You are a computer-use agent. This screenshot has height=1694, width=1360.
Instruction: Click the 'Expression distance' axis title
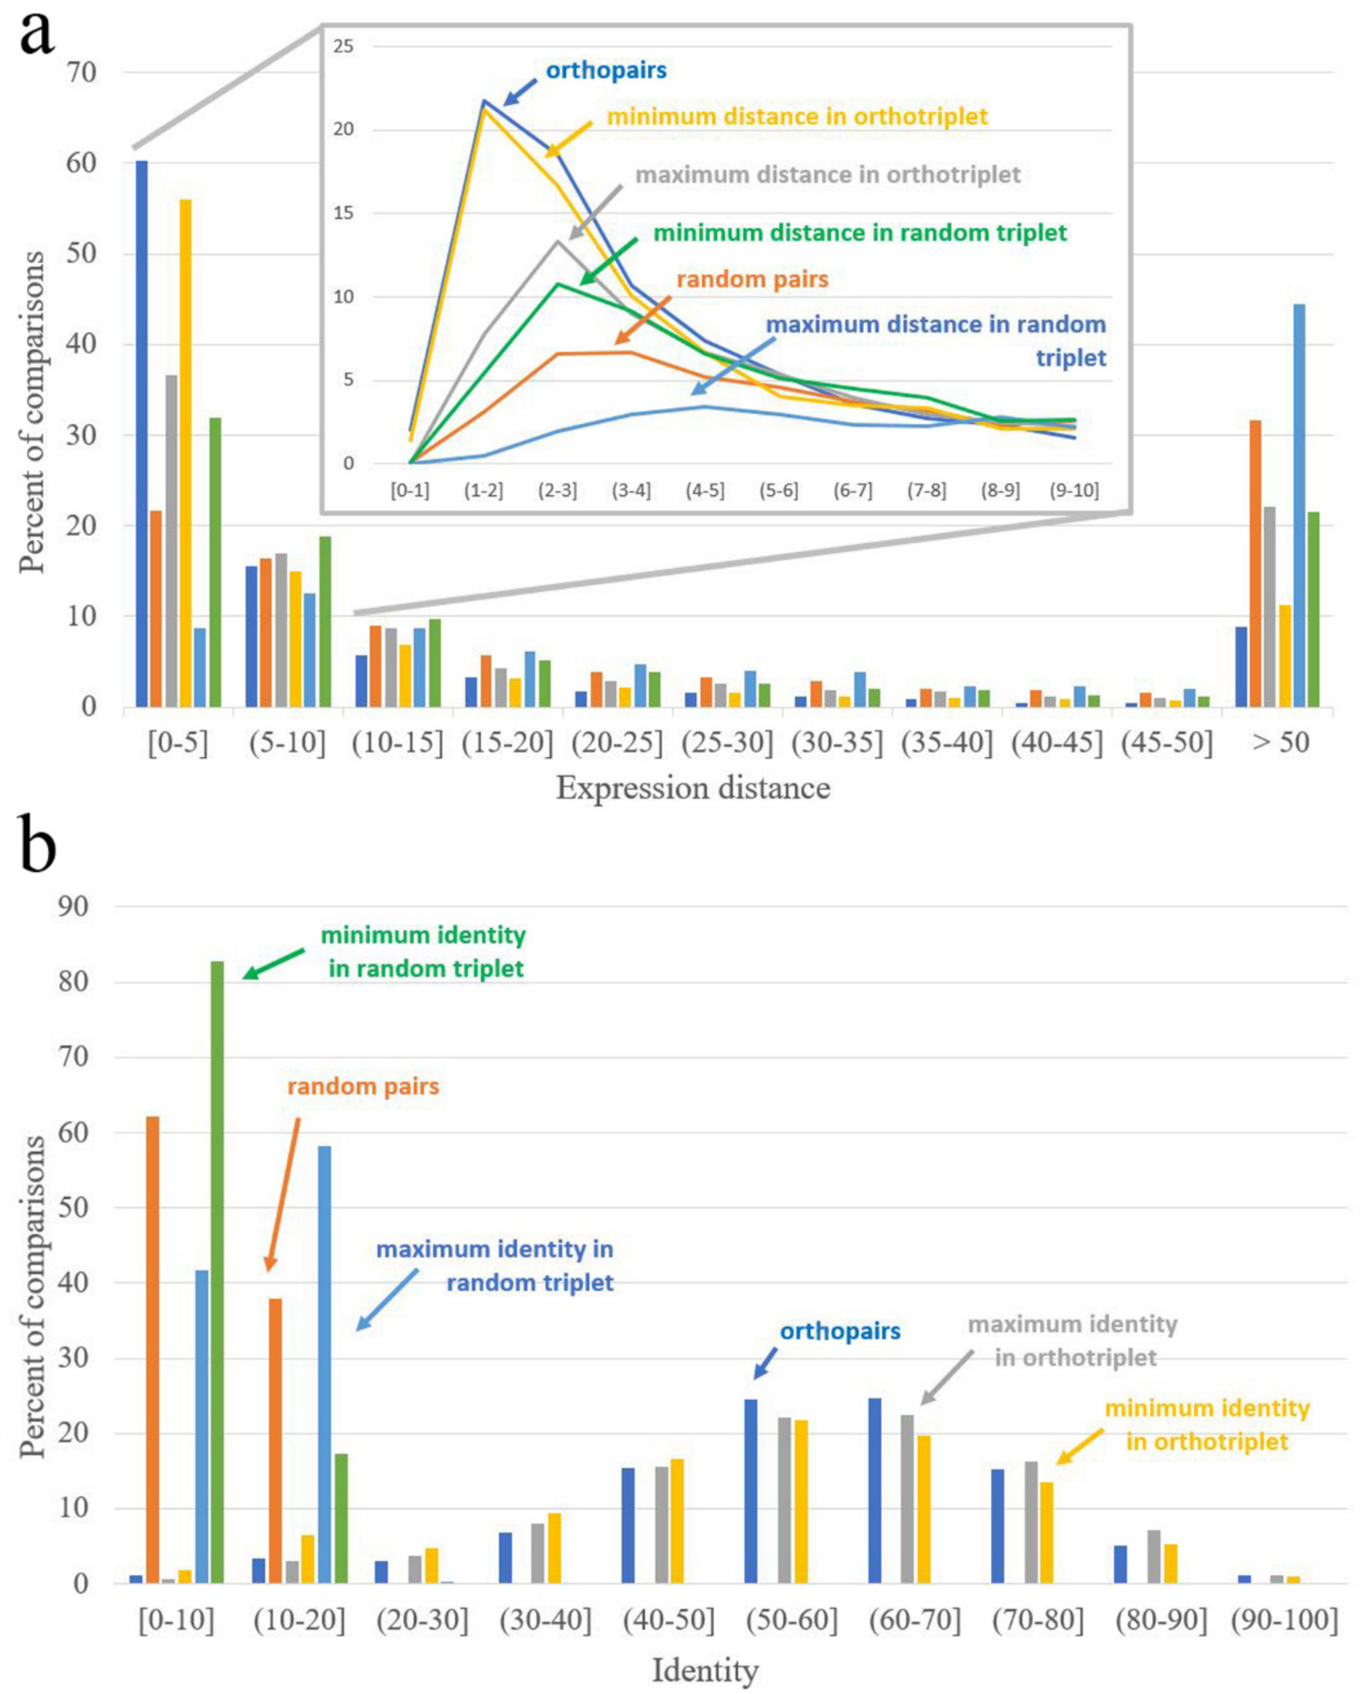click(x=693, y=788)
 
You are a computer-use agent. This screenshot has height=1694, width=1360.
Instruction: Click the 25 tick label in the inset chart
click(x=343, y=46)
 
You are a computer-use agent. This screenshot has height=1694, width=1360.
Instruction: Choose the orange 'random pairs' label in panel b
click(x=363, y=1086)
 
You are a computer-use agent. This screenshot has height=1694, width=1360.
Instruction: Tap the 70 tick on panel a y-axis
click(x=81, y=72)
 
